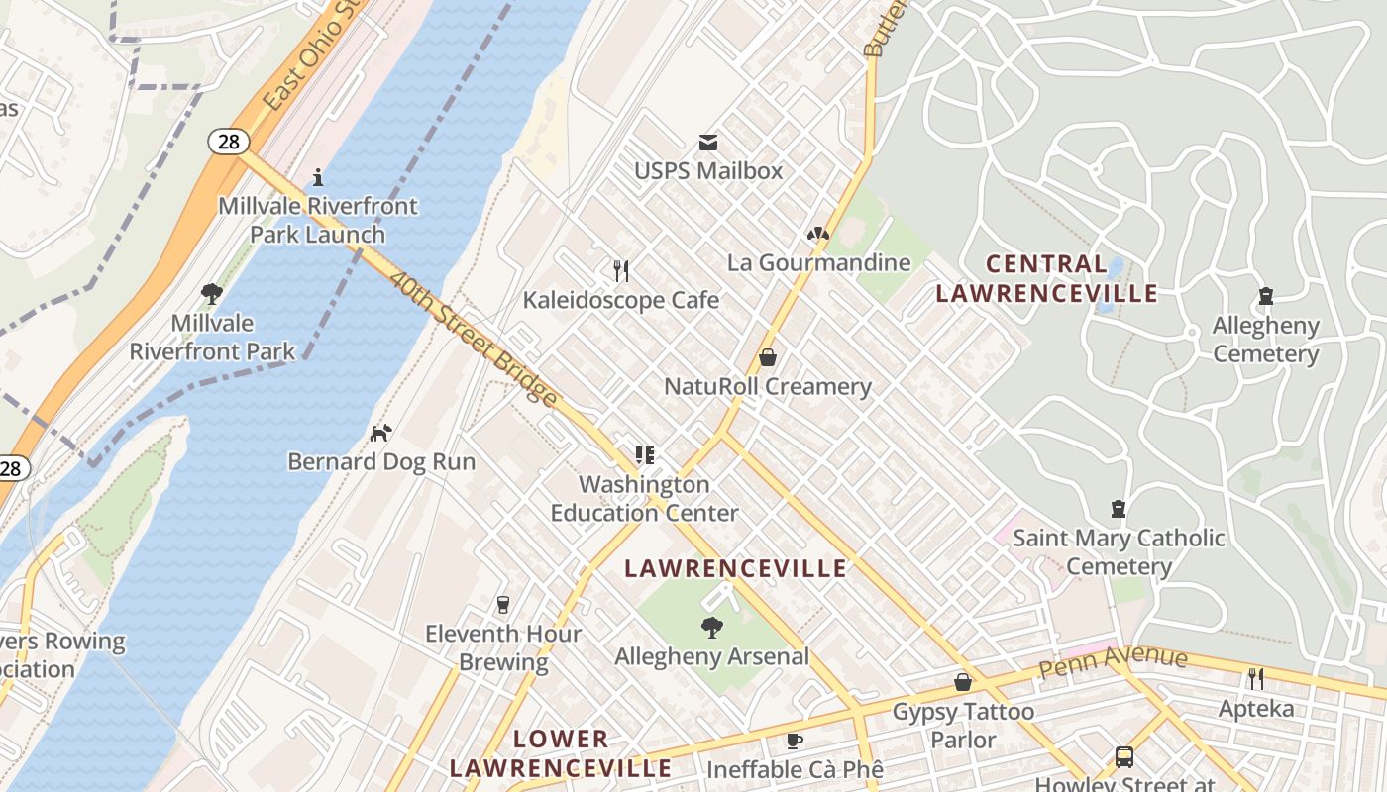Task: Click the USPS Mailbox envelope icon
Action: click(708, 143)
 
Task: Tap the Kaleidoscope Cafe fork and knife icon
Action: click(621, 270)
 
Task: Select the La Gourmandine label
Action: click(818, 262)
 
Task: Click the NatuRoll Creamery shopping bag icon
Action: click(767, 357)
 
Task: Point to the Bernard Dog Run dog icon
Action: click(380, 433)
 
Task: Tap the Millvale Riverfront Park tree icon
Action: click(211, 293)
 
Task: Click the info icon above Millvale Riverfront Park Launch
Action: click(318, 177)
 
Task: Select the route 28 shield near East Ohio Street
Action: click(229, 142)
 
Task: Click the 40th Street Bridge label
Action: click(473, 338)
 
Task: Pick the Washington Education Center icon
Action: click(645, 455)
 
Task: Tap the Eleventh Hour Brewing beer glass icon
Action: click(503, 604)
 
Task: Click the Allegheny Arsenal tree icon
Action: click(710, 627)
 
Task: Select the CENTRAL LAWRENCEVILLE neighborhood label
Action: click(1046, 278)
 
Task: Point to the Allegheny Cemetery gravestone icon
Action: click(1265, 296)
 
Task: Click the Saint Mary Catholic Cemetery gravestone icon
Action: click(1119, 509)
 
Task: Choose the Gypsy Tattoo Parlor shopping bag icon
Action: click(962, 682)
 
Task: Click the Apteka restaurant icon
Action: click(1255, 678)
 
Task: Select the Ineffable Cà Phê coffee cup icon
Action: click(794, 741)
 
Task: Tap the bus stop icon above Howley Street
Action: click(1124, 757)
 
